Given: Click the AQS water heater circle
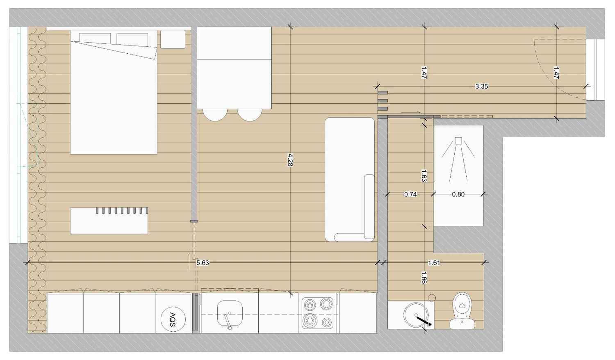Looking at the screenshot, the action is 173,319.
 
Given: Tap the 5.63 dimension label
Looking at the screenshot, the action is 203,263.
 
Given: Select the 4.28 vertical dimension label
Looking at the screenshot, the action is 290,160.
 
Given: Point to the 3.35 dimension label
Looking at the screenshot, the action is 482,87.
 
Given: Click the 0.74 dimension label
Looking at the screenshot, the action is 410,194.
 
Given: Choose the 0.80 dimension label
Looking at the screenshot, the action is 458,194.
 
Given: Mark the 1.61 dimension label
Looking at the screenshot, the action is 434,263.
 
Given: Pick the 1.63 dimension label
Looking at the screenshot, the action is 424,175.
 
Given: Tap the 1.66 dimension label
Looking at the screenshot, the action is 424,277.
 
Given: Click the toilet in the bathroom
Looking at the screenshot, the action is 462,310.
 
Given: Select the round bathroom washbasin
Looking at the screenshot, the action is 416,315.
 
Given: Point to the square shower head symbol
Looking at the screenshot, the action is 458,141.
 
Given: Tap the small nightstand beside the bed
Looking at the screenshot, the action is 173,39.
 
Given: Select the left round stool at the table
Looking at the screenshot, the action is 215,115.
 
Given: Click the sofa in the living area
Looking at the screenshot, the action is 350,180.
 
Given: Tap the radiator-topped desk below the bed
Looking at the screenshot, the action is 109,221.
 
